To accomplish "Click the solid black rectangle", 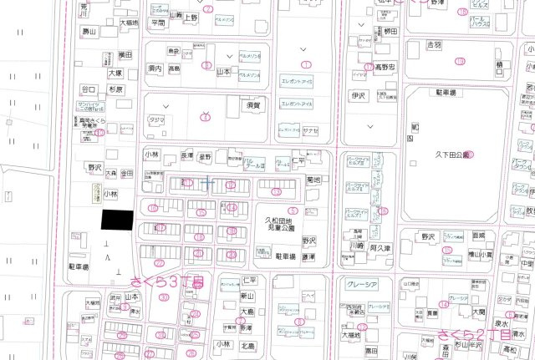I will pyautogui.click(x=117, y=219).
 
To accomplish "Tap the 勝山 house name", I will pyautogui.click(x=89, y=31).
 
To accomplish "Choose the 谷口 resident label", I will pyautogui.click(x=88, y=89).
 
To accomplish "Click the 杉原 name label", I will pyautogui.click(x=115, y=89).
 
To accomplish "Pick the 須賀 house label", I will pyautogui.click(x=253, y=106).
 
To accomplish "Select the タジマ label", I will pyautogui.click(x=156, y=120).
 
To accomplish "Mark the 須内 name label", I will pyautogui.click(x=155, y=68).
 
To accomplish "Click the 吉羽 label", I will pyautogui.click(x=433, y=43).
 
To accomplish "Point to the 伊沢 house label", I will pyautogui.click(x=359, y=96).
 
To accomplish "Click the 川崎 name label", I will pyautogui.click(x=356, y=247).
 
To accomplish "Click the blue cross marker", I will pyautogui.click(x=207, y=182).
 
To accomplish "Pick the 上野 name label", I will pyautogui.click(x=191, y=16).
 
